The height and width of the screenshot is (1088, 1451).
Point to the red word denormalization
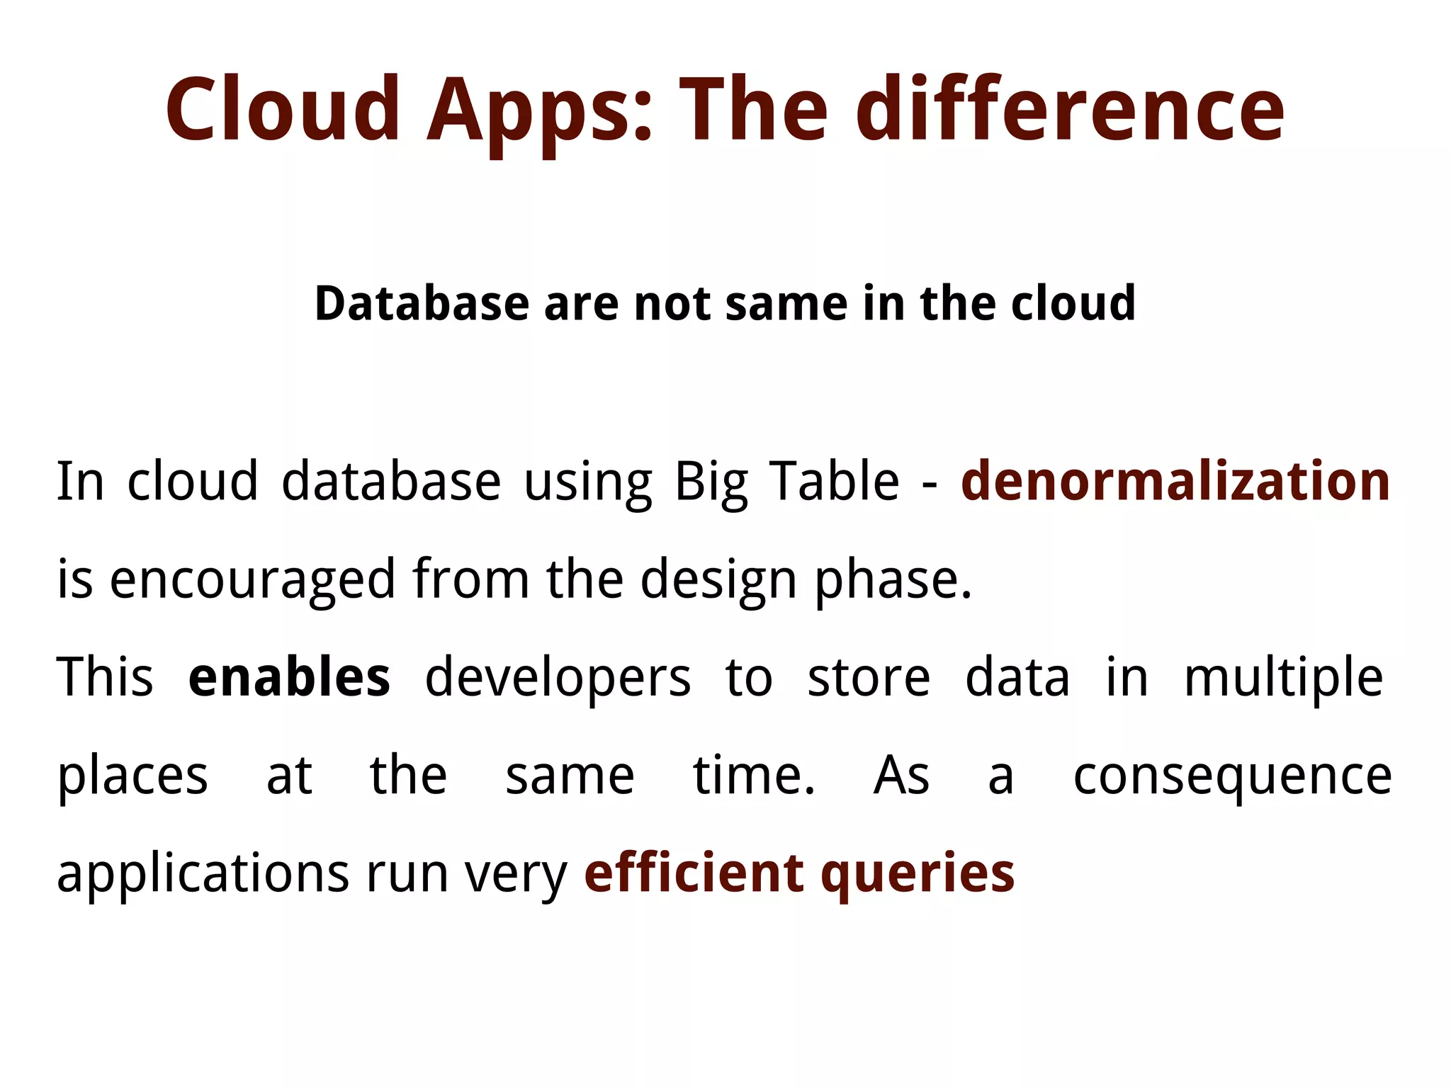tap(1175, 481)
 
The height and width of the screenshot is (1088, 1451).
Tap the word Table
tap(834, 481)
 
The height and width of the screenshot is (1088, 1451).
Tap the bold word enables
tap(289, 677)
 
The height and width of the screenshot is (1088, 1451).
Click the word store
tap(869, 677)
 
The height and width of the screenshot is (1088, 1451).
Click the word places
tap(132, 776)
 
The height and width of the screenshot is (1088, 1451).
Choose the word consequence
tap(1233, 776)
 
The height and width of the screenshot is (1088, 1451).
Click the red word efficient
tap(694, 873)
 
